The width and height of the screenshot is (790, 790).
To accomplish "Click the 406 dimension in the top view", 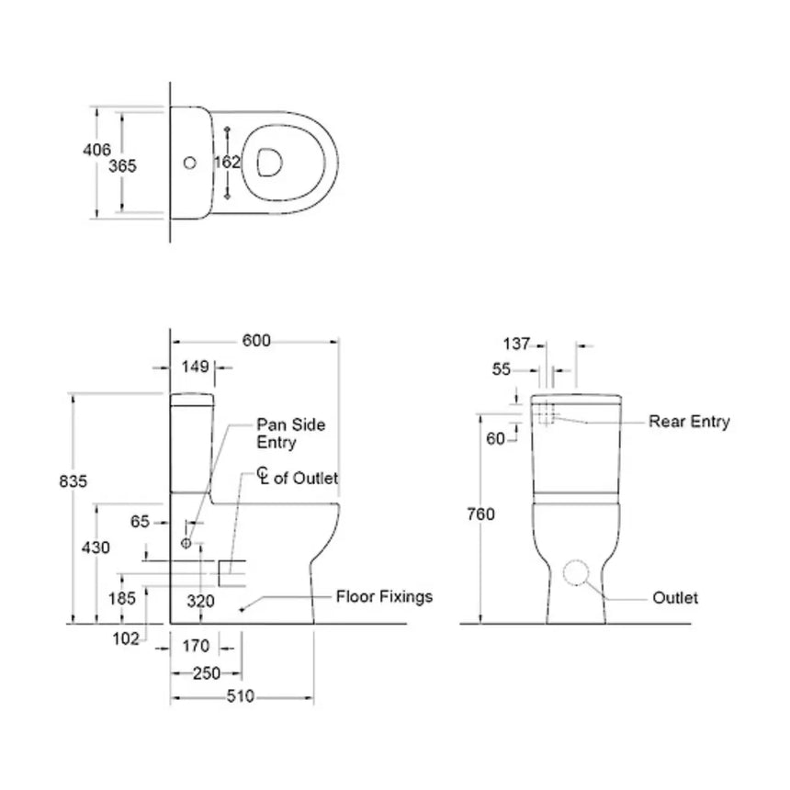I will (x=98, y=150).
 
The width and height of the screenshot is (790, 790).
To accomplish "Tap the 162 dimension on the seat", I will (x=227, y=162).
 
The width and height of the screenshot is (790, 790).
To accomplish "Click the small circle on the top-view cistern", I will (x=190, y=164).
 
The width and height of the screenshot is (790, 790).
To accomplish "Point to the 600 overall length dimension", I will (x=256, y=340).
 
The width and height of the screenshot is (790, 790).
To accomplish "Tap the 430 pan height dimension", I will (x=96, y=547).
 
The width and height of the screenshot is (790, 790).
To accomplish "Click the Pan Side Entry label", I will (x=290, y=434).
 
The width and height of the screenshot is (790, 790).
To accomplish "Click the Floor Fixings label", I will (x=383, y=597).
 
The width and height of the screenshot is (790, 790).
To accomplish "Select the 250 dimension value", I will (x=206, y=672).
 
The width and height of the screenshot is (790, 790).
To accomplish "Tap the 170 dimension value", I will (x=197, y=646).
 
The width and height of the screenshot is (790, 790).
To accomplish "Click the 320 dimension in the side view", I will (x=201, y=602).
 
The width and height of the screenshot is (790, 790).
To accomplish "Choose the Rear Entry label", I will (x=689, y=422).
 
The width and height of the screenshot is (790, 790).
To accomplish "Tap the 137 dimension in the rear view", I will (x=516, y=344).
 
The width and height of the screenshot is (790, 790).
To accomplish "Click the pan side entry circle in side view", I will (x=186, y=544).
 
